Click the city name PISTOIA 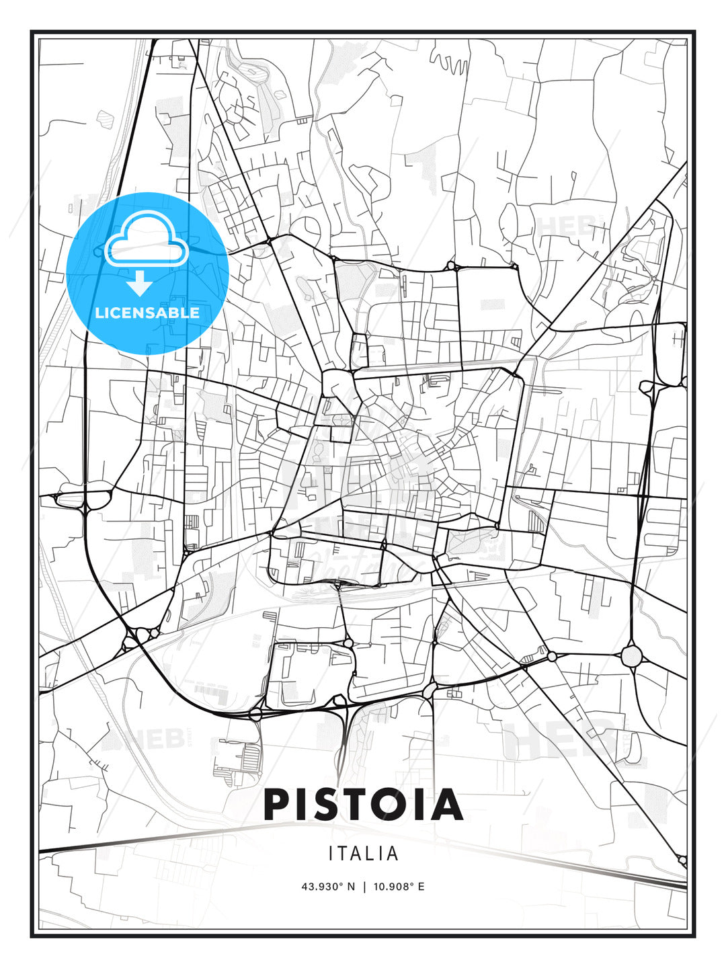pos(363,805)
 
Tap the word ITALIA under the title pos(363,854)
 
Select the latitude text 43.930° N pos(327,887)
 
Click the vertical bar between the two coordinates pos(364,887)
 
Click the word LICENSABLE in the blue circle pos(147,313)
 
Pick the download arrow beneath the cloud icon pos(140,284)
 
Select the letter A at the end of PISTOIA pos(448,805)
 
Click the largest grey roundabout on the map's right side pos(633,655)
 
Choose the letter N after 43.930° pos(350,887)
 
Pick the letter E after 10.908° pos(421,887)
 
